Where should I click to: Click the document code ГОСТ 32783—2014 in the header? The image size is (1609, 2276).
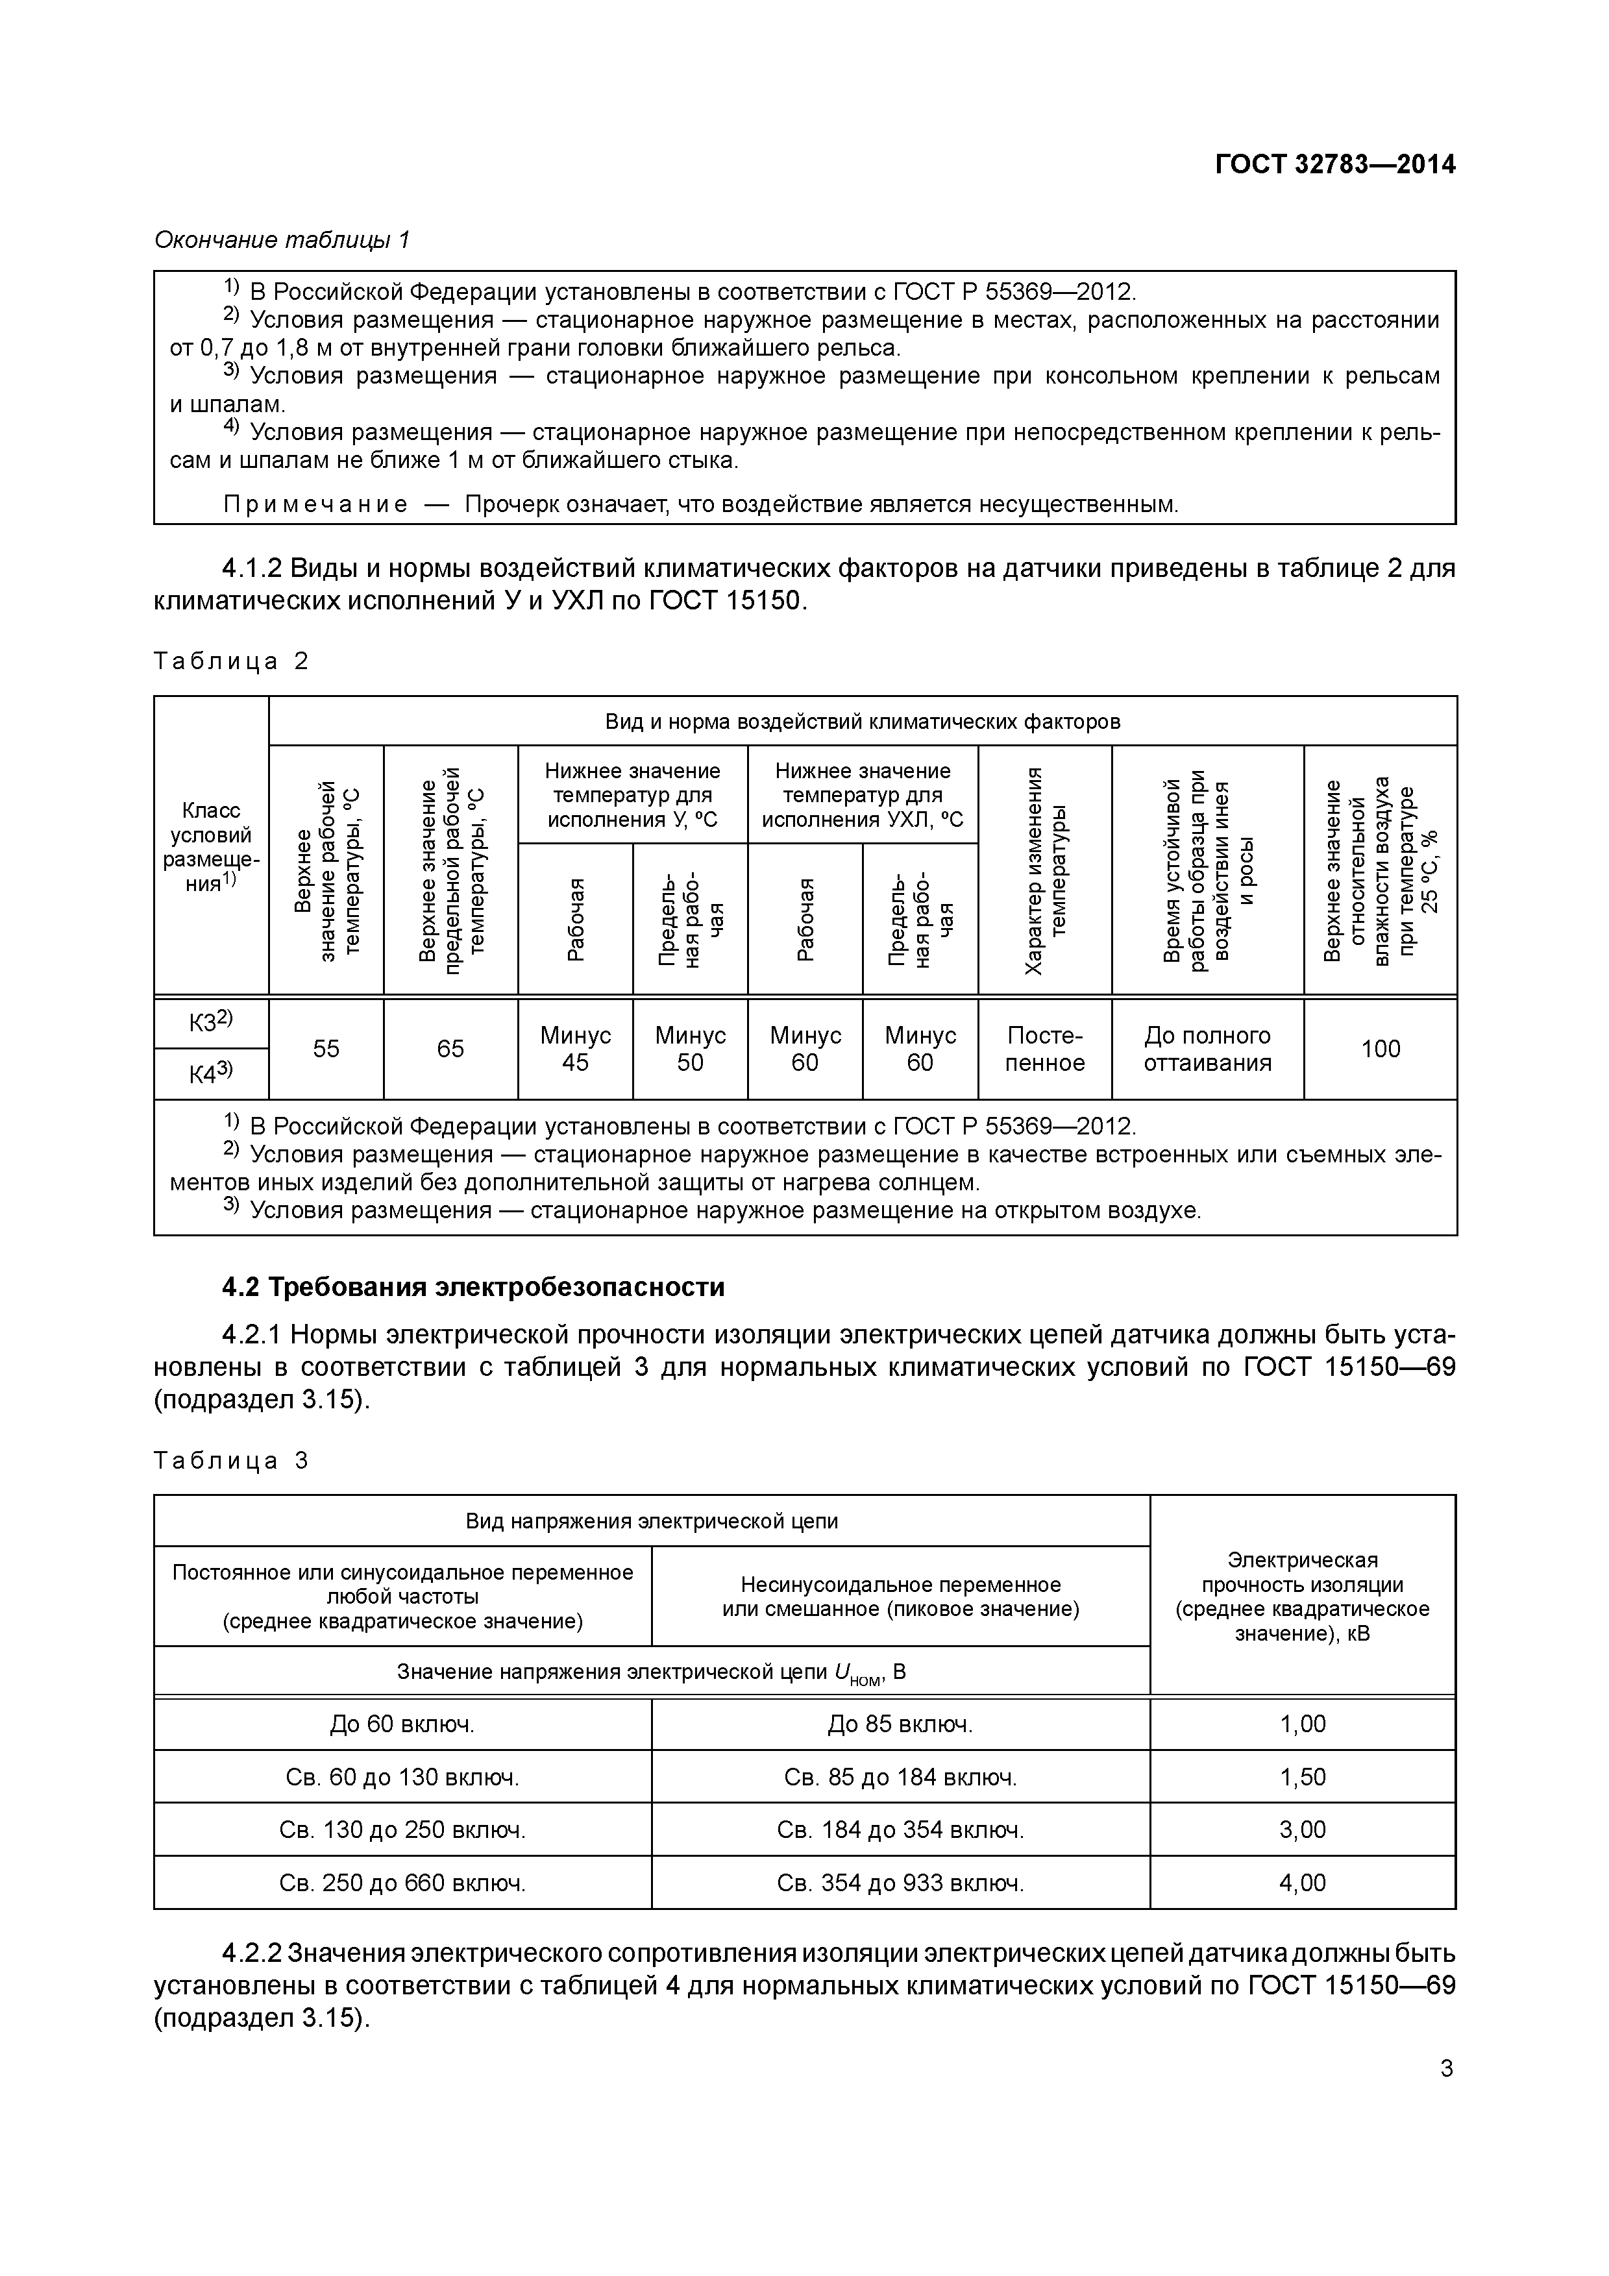1335,165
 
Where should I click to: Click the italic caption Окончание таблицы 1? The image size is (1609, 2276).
282,240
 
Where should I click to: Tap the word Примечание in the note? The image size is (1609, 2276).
315,504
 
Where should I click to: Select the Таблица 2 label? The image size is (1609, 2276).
231,661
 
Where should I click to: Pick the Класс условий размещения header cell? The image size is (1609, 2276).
210,846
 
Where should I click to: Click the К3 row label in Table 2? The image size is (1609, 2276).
210,1022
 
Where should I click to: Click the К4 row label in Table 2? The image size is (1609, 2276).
210,1073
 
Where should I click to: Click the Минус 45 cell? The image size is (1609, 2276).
575,1049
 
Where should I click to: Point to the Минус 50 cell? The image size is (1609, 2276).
690,1049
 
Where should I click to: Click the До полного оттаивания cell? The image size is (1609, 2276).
1207,1049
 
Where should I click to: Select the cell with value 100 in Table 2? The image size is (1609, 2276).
1379,1049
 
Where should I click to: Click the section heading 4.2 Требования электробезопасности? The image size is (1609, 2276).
473,1287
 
